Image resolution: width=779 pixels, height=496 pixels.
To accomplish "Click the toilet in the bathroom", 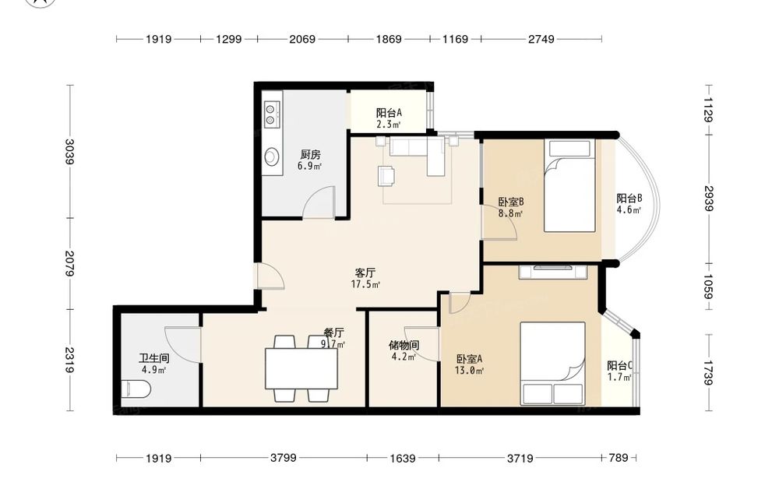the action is click(x=136, y=389).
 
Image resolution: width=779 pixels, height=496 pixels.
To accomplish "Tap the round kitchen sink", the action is click(x=271, y=157).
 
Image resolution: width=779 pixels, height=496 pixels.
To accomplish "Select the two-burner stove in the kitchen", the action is click(x=271, y=114).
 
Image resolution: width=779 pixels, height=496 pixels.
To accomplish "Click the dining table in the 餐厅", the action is click(x=301, y=368).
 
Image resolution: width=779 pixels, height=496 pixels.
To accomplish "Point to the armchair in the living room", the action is click(x=386, y=176).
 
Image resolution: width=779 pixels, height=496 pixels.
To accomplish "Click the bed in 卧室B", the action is click(x=569, y=185).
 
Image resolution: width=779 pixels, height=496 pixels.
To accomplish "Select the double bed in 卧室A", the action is click(x=552, y=364).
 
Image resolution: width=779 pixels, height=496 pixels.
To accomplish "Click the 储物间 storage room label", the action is click(x=404, y=345).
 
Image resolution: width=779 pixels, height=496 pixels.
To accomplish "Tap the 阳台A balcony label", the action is click(x=389, y=113).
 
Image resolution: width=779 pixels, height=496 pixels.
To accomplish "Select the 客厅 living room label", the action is click(x=365, y=273).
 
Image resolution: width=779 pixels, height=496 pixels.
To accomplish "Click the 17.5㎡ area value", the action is click(x=365, y=284).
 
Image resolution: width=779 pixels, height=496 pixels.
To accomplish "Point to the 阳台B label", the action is click(x=629, y=198).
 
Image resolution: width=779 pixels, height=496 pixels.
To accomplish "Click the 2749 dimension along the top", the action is click(x=541, y=39).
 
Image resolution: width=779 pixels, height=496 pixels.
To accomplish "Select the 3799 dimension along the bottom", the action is click(x=284, y=457).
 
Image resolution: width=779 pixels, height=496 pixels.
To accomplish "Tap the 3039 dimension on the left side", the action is click(x=70, y=151).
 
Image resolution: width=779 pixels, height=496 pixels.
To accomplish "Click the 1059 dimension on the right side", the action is click(x=708, y=287).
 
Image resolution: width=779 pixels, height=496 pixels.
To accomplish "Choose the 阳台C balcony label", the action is click(x=619, y=366).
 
